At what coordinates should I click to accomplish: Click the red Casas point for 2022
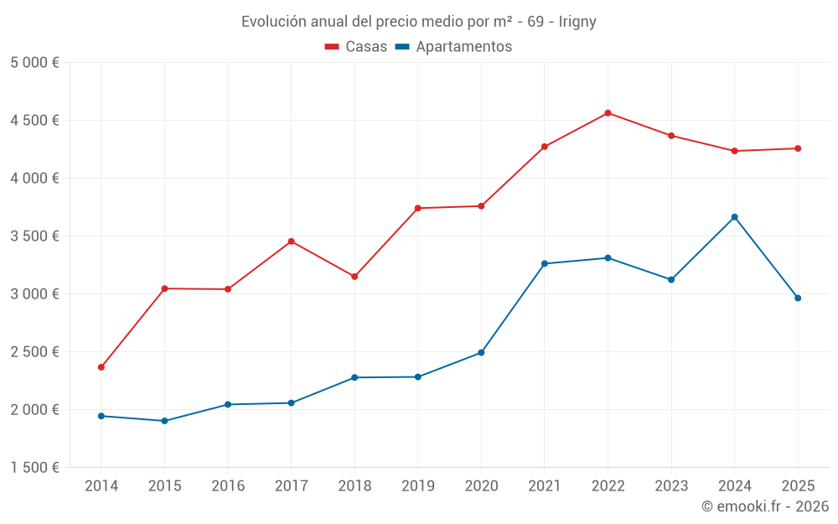[x=608, y=113]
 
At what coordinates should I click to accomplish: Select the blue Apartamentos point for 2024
[x=734, y=217]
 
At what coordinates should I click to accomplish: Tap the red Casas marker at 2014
[x=101, y=367]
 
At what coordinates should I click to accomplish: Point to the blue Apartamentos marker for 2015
[x=164, y=421]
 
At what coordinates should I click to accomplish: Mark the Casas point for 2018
[x=354, y=277]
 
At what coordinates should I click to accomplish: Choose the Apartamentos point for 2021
[x=545, y=263]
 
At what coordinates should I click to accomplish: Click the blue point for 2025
[x=798, y=298]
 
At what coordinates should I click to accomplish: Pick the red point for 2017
[x=291, y=241]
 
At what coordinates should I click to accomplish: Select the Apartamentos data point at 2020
[x=481, y=353]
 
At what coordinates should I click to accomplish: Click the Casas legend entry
[x=356, y=47]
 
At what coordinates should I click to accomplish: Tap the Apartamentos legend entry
[x=453, y=47]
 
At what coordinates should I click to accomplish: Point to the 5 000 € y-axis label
[x=34, y=63]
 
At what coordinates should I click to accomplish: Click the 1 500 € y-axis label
[x=34, y=468]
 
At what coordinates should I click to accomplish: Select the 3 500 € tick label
[x=34, y=236]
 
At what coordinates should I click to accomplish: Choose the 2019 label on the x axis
[x=417, y=485]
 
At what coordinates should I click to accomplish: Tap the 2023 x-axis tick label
[x=671, y=485]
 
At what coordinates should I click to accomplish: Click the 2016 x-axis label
[x=228, y=485]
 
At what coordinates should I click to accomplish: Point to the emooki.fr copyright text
[x=765, y=506]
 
